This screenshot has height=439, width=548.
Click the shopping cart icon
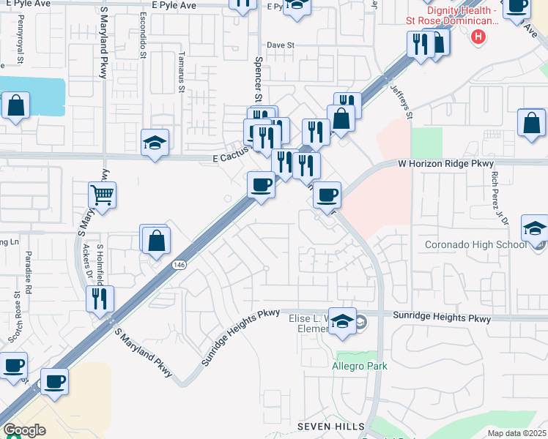(x=102, y=195)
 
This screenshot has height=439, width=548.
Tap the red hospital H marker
(x=478, y=35)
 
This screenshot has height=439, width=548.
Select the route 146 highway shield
(x=179, y=264)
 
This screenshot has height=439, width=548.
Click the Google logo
(x=24, y=430)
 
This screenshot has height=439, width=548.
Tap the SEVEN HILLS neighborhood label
(x=330, y=426)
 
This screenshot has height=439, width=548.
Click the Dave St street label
(x=280, y=45)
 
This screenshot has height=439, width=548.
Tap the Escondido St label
(x=144, y=43)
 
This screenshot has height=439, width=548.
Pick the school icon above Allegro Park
(x=342, y=321)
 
